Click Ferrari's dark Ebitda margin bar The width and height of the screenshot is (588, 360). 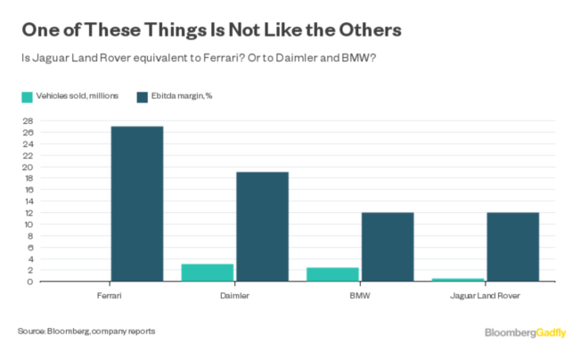[x=136, y=204]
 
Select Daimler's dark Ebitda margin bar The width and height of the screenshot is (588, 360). [x=262, y=226]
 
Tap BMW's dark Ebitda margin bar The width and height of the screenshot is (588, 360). [x=387, y=247]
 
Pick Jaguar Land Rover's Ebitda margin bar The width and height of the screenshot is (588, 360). [x=512, y=247]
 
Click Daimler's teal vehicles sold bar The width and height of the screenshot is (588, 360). [x=208, y=273]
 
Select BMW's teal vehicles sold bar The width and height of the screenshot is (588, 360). [x=333, y=274]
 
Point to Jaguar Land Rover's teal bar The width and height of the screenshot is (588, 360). [x=459, y=280]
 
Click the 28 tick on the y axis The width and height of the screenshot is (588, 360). [x=28, y=121]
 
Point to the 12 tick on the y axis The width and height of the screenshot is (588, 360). [x=28, y=213]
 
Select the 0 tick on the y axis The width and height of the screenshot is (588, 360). [x=30, y=282]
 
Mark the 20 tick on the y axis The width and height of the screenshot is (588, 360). [x=28, y=167]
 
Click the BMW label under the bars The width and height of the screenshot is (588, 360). [x=360, y=294]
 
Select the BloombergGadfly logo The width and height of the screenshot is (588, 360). [x=527, y=332]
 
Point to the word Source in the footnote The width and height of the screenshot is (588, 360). [x=31, y=331]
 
